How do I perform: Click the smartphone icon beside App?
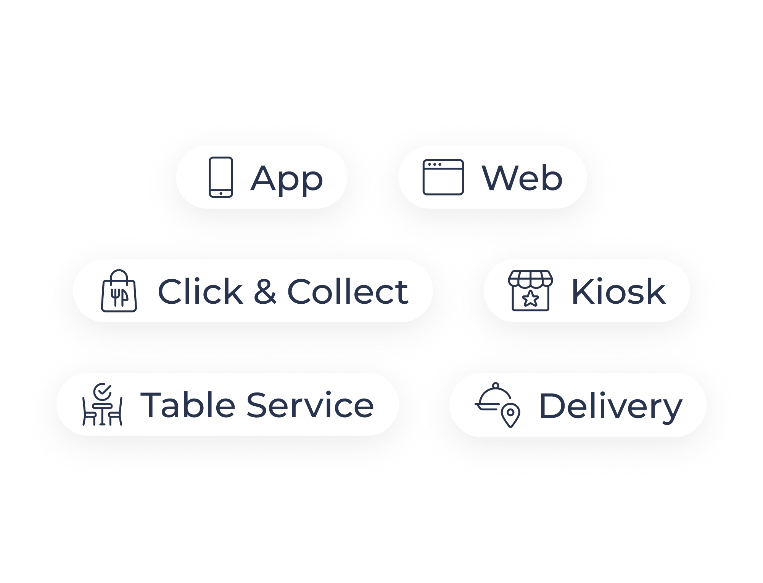coord(221,177)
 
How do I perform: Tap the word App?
coord(287,179)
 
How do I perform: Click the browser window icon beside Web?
coord(443,177)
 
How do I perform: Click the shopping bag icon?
coord(119,291)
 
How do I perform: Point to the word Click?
coord(201,291)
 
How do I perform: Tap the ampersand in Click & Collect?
coord(265,291)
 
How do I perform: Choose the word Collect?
coord(348,291)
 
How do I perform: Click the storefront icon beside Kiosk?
coord(530,291)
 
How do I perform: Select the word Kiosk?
coord(618,291)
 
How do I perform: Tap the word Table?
coord(188,405)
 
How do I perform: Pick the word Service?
coord(310,405)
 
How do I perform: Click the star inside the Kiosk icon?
coord(530,299)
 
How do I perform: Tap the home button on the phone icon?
coord(221,194)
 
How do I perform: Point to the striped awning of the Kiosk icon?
coord(530,279)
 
